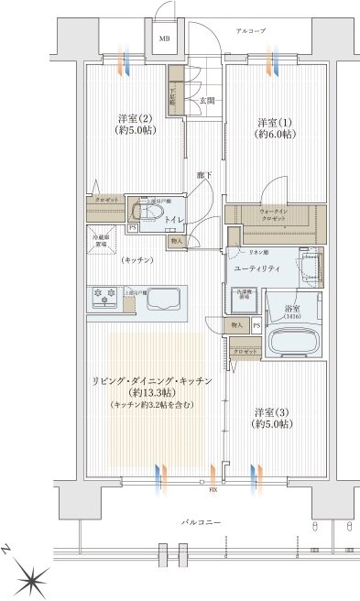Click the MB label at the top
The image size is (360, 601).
pyautogui.click(x=166, y=39)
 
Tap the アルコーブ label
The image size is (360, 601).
pyautogui.click(x=250, y=31)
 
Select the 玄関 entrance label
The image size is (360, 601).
pyautogui.click(x=208, y=100)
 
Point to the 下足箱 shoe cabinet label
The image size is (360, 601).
pyautogui.click(x=172, y=93)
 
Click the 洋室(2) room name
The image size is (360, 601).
pyautogui.click(x=132, y=119)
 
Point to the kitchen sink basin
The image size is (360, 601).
pyautogui.click(x=163, y=300)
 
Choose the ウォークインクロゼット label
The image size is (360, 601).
pyautogui.click(x=272, y=216)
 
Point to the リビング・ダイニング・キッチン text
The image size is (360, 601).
pyautogui.click(x=152, y=380)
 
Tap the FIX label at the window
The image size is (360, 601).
pyautogui.click(x=213, y=491)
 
